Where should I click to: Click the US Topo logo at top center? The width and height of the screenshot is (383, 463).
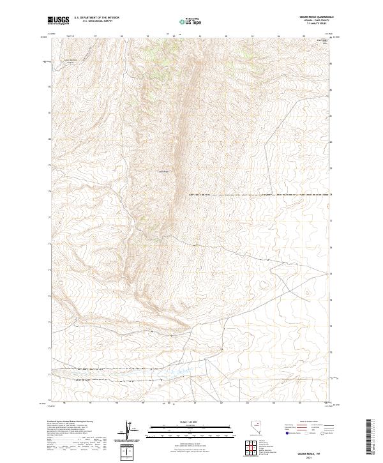click(x=191, y=22)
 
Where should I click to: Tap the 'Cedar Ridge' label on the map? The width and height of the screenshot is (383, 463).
click(x=163, y=171)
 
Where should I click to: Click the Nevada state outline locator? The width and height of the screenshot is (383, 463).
click(x=256, y=430)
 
